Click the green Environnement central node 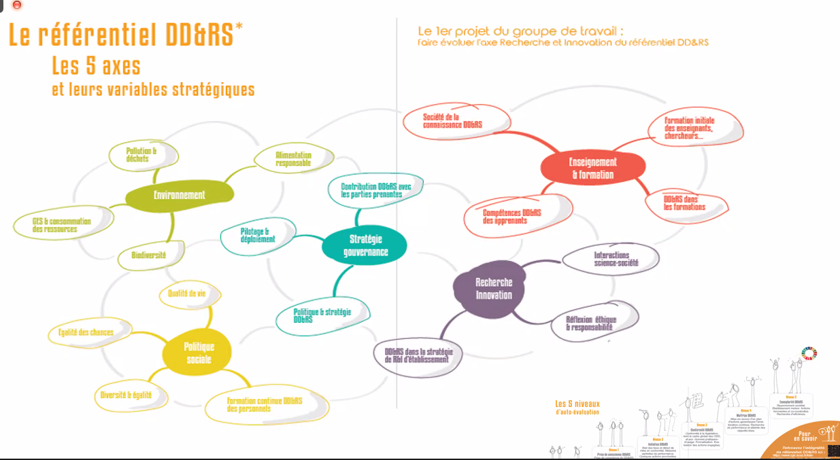pos(180,195)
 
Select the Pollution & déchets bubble pos(143,155)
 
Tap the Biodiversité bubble pos(149,256)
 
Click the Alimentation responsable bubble pos(294,160)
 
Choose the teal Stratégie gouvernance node pos(365,245)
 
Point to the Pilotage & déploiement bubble pos(258,235)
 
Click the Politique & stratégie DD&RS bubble pos(323,315)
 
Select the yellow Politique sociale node pos(198,353)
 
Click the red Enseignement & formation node pos(592,169)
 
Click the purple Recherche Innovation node pos(494,289)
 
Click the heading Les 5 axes pos(96,66)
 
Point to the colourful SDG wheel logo pos(809,353)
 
